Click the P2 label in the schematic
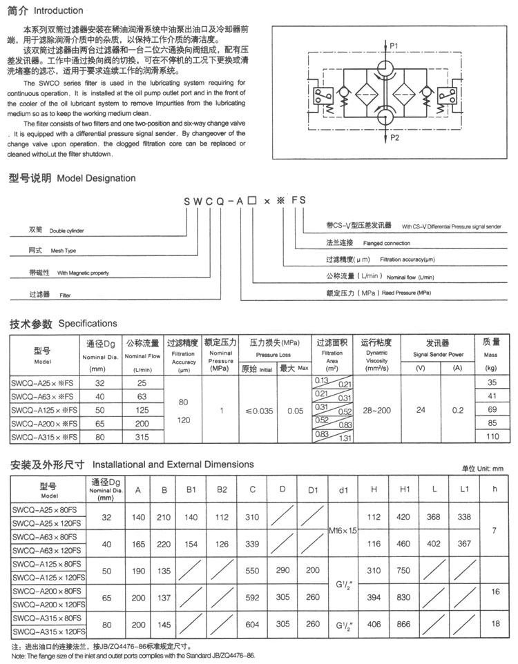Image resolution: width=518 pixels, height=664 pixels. point(394,137)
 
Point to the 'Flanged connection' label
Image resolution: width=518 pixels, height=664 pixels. point(378,243)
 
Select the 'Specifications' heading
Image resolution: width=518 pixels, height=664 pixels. point(88,323)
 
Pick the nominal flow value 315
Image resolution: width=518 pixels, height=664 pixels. point(142,437)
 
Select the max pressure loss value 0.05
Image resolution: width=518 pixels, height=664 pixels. point(295,410)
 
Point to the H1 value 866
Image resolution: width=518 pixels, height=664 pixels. point(405,625)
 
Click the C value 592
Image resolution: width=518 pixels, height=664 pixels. point(253,597)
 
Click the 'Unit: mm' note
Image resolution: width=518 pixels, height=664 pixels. point(483,469)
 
